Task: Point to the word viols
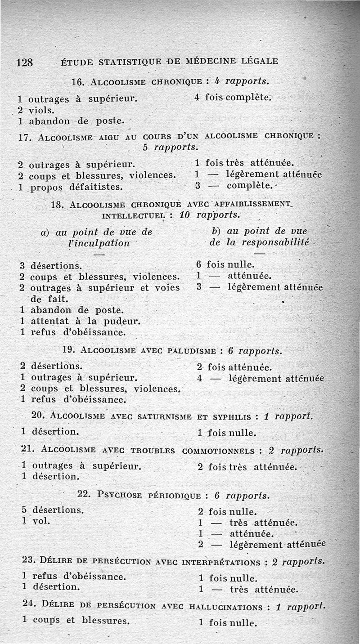click(x=41, y=110)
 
